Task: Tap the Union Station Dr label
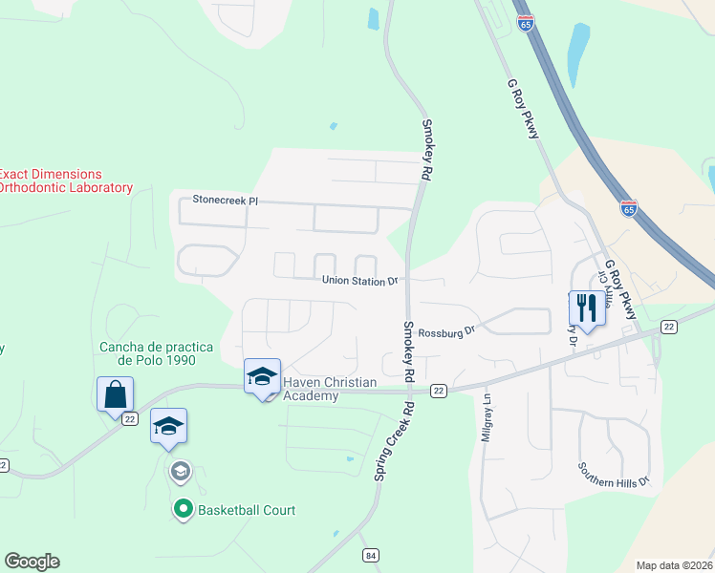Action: [x=359, y=281]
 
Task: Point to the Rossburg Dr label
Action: [x=446, y=331]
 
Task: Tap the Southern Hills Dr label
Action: [x=613, y=474]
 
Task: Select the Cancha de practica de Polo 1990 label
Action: [x=147, y=353]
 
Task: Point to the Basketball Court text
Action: [x=247, y=510]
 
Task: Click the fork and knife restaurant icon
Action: [x=586, y=308]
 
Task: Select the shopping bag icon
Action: [x=115, y=393]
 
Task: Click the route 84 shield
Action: [x=371, y=556]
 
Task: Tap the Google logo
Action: [x=32, y=562]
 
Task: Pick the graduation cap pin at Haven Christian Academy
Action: [x=262, y=376]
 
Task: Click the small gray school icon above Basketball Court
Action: [x=180, y=471]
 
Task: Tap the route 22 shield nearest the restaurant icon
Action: [x=668, y=327]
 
